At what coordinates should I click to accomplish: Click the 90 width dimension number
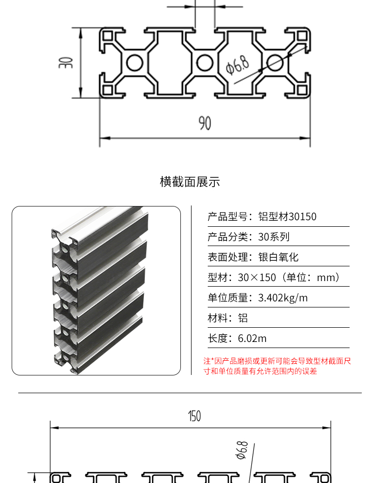pyautogui.click(x=205, y=123)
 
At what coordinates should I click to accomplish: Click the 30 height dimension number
pyautogui.click(x=66, y=62)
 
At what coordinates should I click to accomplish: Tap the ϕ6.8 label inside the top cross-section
pyautogui.click(x=237, y=65)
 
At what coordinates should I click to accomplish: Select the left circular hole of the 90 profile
pyautogui.click(x=134, y=62)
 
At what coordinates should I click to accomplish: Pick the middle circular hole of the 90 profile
pyautogui.click(x=205, y=62)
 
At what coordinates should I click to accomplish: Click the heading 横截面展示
pyautogui.click(x=190, y=182)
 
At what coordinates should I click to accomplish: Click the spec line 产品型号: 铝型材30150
pyautogui.click(x=262, y=217)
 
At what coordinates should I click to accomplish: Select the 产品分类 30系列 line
pyautogui.click(x=249, y=237)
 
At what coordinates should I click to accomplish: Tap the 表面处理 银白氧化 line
pyautogui.click(x=253, y=257)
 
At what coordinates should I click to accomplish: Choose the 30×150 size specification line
pyautogui.click(x=274, y=278)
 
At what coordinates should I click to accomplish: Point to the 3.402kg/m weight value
pyautogui.click(x=283, y=298)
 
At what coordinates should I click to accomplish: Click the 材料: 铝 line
pyautogui.click(x=227, y=318)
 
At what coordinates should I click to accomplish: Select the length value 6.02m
pyautogui.click(x=252, y=338)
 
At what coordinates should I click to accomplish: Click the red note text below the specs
pyautogui.click(x=277, y=366)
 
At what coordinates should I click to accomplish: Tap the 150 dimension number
pyautogui.click(x=195, y=416)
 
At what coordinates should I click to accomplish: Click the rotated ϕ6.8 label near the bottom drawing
pyautogui.click(x=242, y=450)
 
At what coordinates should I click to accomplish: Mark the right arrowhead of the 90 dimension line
pyautogui.click(x=305, y=138)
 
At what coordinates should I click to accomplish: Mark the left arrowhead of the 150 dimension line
pyautogui.click(x=55, y=428)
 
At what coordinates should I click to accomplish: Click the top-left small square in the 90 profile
pyautogui.click(x=108, y=36)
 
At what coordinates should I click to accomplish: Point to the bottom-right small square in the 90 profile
pyautogui.click(x=302, y=90)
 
